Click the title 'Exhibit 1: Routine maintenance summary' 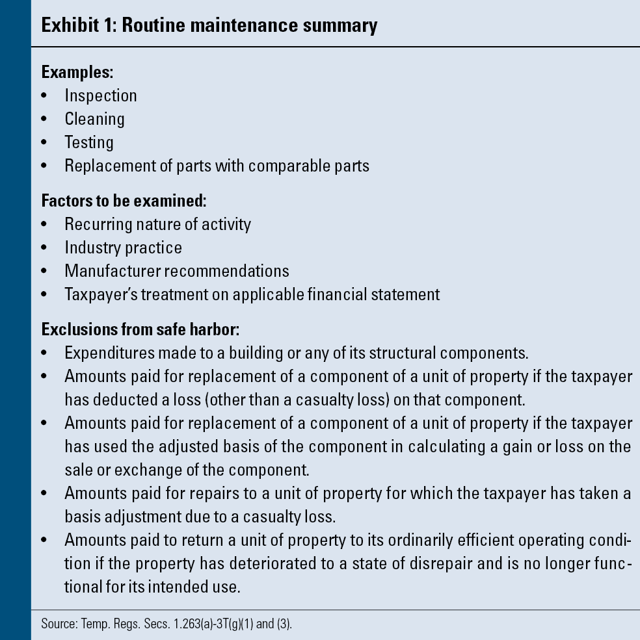(209, 25)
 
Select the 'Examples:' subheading (77, 72)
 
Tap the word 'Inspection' (101, 96)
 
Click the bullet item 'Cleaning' (94, 119)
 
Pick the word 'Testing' (89, 142)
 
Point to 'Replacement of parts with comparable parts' (217, 166)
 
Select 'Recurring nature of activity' (157, 224)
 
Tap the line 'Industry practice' (123, 248)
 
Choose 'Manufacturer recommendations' (177, 271)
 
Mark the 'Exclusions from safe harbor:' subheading (140, 329)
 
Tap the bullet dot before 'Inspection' (44, 96)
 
